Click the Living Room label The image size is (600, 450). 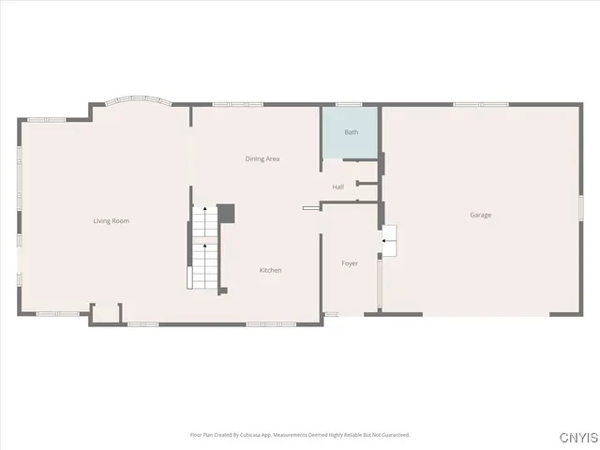click(x=111, y=221)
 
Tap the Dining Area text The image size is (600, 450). click(x=262, y=159)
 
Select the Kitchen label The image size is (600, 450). click(x=270, y=270)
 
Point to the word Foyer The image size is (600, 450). click(x=349, y=263)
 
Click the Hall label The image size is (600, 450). click(x=337, y=187)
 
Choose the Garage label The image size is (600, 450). click(x=480, y=215)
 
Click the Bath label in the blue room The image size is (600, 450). click(x=351, y=132)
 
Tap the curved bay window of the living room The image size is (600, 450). click(x=138, y=99)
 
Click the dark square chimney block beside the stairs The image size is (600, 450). click(x=226, y=213)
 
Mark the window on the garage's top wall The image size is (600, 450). click(x=473, y=104)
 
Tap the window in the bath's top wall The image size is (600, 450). click(x=349, y=104)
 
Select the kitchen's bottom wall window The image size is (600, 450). click(x=271, y=324)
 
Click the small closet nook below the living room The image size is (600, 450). click(x=106, y=313)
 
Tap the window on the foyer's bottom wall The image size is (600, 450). click(x=331, y=314)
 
